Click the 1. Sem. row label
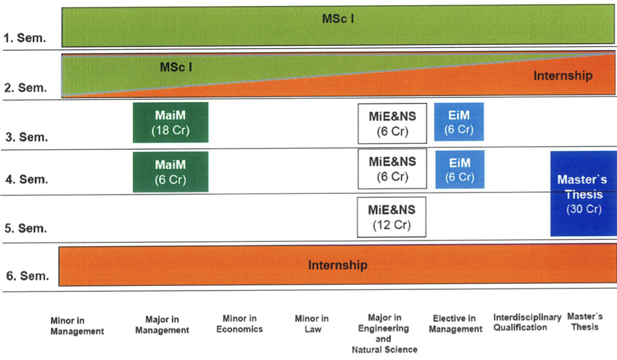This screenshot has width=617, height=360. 25,38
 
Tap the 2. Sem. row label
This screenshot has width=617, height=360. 25,88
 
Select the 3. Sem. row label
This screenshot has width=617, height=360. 25,137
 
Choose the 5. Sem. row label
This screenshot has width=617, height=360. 25,228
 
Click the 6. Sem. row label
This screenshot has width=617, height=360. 25,276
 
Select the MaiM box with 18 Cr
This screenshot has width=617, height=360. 171,123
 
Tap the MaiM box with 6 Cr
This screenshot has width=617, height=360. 171,171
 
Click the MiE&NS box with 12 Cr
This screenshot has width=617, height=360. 392,217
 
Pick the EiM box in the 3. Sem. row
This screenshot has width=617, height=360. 459,122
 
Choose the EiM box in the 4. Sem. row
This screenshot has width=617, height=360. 460,170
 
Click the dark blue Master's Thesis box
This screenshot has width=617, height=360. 584,194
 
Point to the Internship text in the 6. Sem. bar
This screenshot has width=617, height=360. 337,265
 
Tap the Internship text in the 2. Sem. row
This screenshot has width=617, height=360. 562,75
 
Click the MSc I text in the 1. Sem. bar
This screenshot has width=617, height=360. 338,19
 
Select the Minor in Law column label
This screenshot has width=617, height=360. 311,324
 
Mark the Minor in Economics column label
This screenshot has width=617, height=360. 239,324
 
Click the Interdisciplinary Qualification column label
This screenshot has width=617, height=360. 527,322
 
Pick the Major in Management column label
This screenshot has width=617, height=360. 167,325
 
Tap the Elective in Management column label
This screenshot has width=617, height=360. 455,324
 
